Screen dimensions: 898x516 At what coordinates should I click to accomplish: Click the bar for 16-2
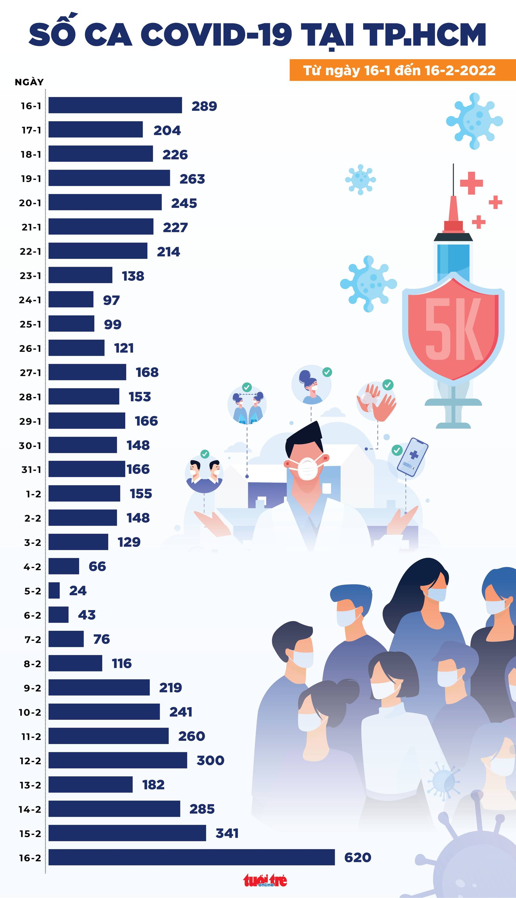click(x=191, y=857)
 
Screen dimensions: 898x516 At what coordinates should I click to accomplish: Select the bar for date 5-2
click(x=54, y=590)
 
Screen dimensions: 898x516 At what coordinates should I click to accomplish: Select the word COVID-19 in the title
click(x=216, y=35)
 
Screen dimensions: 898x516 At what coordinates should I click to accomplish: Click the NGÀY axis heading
click(x=29, y=82)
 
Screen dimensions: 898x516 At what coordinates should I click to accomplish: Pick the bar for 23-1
click(x=80, y=275)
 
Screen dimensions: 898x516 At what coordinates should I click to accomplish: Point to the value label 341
click(x=227, y=833)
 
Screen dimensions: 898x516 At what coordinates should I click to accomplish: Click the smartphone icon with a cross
click(x=412, y=457)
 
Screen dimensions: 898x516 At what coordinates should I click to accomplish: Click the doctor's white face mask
click(x=307, y=467)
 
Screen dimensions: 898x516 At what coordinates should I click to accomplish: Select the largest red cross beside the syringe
click(x=471, y=183)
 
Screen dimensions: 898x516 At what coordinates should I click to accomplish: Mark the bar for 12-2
click(x=118, y=760)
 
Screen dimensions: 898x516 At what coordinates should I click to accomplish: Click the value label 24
click(x=78, y=590)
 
